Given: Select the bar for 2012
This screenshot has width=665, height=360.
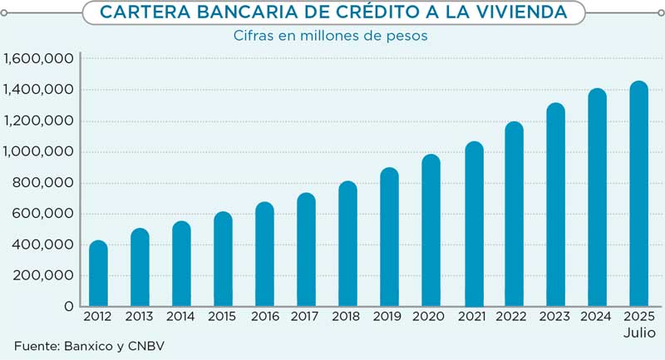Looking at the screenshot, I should point(98,274).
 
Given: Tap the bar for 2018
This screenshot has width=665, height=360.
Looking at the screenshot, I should point(347,244).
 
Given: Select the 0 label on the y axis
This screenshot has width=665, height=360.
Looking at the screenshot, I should point(68,307).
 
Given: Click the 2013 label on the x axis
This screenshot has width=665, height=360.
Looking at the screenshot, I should point(140,317).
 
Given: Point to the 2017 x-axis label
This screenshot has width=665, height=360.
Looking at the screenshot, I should point(306,317).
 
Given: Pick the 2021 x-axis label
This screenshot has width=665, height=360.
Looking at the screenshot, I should point(472,317).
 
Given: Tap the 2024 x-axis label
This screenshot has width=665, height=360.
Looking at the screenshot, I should point(597,317).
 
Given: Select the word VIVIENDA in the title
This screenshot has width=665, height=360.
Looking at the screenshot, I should point(520,12).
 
